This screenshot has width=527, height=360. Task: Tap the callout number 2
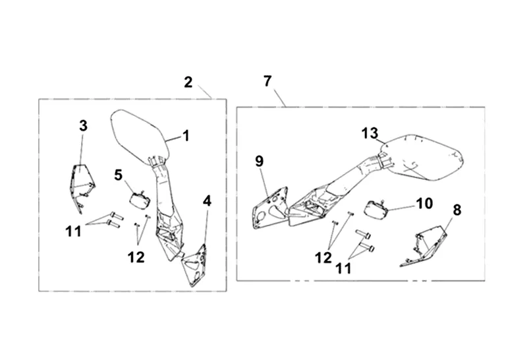point(188,82)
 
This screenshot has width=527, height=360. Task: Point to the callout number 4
point(207,200)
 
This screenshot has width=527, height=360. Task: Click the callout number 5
point(119,175)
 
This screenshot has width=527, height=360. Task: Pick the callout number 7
point(267,81)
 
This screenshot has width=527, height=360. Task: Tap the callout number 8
point(457,210)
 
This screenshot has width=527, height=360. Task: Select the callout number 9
point(259,160)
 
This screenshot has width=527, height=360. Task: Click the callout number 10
point(424,203)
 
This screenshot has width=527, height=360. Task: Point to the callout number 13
point(370,133)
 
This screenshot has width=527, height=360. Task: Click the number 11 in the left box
point(73,231)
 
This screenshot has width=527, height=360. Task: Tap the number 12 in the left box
point(136,257)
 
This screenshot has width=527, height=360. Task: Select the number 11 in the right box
point(344,269)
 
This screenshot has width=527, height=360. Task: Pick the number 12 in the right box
point(323,258)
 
